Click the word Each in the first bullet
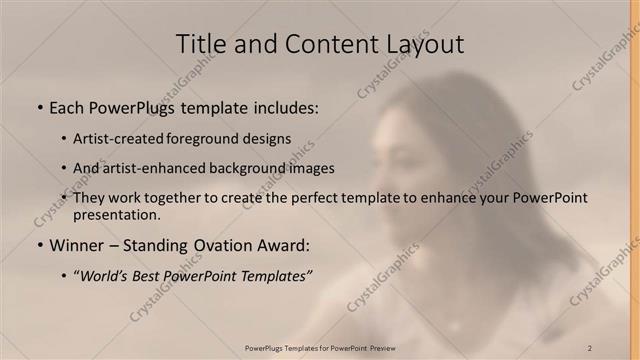(68, 107)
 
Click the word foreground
(214, 138)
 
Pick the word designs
(271, 138)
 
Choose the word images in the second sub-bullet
(311, 168)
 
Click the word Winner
(75, 244)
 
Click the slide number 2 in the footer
(589, 347)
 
